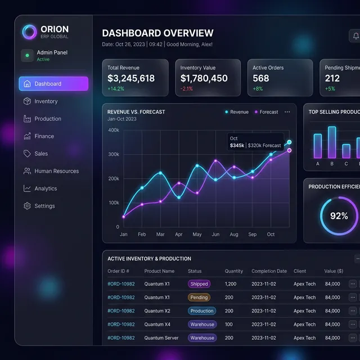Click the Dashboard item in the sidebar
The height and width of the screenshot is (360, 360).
[x=53, y=84]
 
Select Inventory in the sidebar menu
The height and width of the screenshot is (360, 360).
[x=46, y=101]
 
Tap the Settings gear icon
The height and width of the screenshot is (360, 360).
[x=27, y=206]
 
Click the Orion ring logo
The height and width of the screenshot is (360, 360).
[x=29, y=32]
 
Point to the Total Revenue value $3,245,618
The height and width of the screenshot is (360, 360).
[x=131, y=79]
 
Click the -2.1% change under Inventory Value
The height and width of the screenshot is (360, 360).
[x=187, y=89]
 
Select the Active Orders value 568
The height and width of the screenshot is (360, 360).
[x=261, y=79]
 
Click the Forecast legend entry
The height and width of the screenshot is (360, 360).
[x=265, y=112]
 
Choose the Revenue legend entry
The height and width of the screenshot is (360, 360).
[x=236, y=112]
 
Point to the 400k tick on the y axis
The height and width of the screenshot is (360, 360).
[x=114, y=130]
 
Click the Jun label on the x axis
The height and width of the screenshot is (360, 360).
[x=215, y=235]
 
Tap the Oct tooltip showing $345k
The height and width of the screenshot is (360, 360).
[x=255, y=142]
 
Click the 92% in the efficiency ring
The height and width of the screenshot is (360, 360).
[x=339, y=216]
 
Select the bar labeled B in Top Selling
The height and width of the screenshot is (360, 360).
[x=332, y=142]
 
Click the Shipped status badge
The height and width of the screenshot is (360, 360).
[x=199, y=284]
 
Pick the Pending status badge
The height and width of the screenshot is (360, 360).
[x=199, y=298]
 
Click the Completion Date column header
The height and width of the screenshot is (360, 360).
[x=269, y=271]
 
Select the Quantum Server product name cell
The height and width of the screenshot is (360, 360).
[x=161, y=338]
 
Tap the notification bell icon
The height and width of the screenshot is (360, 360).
[x=355, y=36]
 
